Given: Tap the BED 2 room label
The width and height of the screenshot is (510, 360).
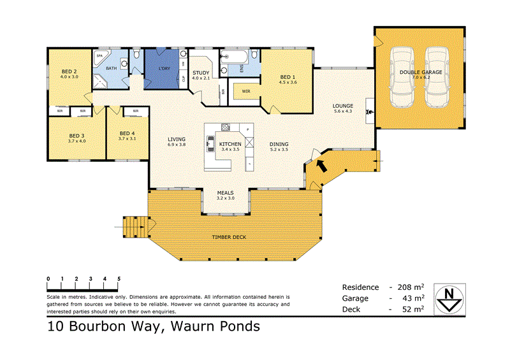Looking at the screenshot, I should pos(69,71).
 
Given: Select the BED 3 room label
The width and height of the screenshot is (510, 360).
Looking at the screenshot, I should pos(76,135).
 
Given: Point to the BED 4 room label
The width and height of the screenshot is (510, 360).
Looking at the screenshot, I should pos(127,134).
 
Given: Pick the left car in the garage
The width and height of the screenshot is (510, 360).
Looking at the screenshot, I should pos(399,76).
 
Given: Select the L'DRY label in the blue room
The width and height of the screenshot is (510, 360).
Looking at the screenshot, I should pos(156,69).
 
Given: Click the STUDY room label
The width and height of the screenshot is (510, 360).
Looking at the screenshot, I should pos(201,73).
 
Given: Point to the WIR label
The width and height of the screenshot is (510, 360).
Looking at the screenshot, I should pos(245,91).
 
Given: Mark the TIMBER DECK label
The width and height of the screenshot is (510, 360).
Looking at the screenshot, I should pos(229,236).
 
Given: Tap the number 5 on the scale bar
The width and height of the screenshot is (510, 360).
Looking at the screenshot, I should pos(119,279).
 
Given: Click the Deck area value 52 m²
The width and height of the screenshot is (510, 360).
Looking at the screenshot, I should pos(414,309).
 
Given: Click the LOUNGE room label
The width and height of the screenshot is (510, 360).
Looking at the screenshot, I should pos(343,106).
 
